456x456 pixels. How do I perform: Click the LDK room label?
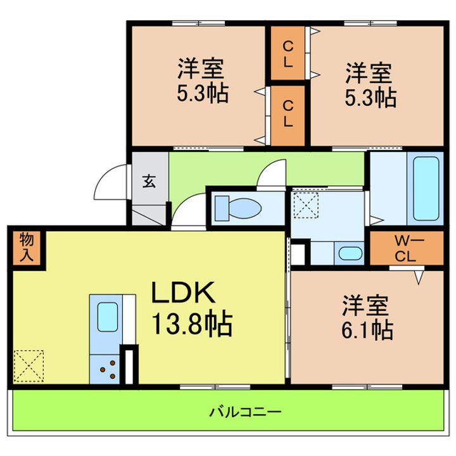tap(184, 294)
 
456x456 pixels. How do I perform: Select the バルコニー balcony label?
tap(245, 413)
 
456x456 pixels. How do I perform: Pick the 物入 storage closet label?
tap(26, 247)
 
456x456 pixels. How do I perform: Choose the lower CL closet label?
tap(288, 114)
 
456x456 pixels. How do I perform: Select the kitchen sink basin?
tap(107, 315)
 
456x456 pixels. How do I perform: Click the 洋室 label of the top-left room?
tap(199, 68)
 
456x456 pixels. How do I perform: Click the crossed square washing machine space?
tap(306, 205)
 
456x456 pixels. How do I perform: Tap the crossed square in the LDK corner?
tap(27, 367)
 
